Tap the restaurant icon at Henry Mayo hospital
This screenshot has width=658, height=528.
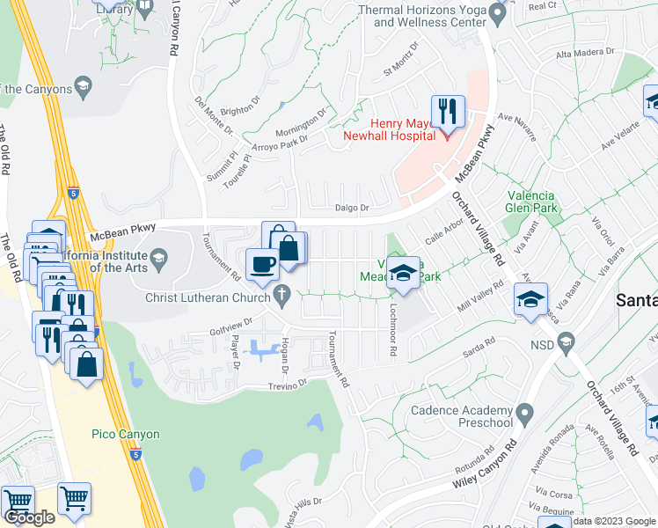(x=447, y=112)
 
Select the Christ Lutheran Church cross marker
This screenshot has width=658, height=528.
(x=282, y=297)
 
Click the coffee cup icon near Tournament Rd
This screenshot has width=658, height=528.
(x=262, y=264)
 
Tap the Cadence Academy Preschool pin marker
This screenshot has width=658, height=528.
(x=525, y=412)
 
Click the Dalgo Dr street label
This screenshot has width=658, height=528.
(x=349, y=209)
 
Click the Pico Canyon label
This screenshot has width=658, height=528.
(x=126, y=434)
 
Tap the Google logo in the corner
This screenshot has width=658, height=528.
(x=30, y=517)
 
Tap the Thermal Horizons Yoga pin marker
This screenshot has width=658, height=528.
(x=497, y=13)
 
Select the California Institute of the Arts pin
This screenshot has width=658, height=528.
(x=158, y=259)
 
